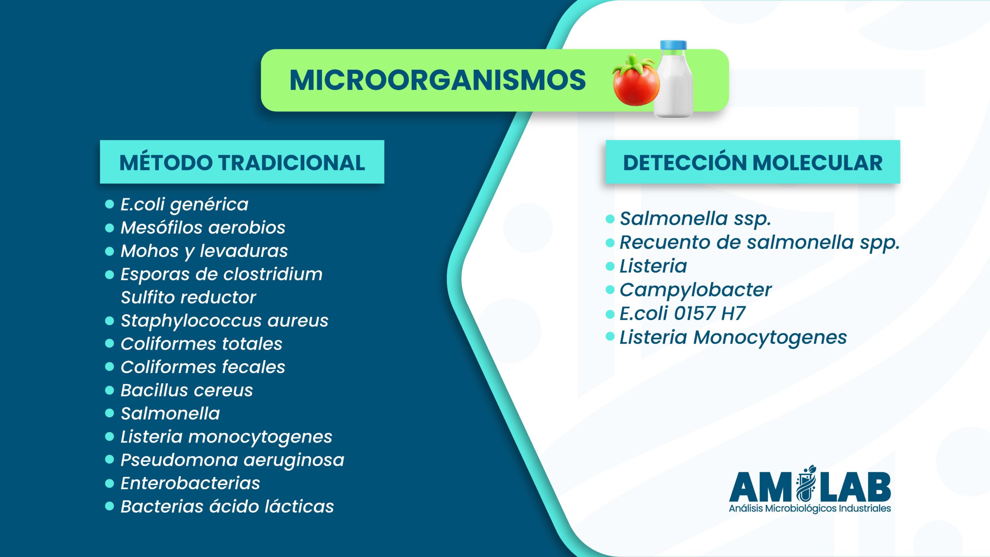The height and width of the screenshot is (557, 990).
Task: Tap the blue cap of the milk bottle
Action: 673,46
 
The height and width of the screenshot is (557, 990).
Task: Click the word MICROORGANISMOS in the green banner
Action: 437,80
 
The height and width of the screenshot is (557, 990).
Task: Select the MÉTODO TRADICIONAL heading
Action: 242,162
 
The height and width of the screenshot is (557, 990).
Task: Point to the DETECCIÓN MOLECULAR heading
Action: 753,162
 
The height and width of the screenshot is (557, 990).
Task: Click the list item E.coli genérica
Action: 184,204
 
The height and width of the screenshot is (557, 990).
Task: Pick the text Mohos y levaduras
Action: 204,251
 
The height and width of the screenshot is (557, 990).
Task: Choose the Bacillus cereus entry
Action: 187,390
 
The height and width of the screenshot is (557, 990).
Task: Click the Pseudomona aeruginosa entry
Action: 232,460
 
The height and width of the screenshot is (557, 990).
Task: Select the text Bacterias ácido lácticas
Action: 227,506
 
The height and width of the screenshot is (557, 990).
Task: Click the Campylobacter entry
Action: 696,290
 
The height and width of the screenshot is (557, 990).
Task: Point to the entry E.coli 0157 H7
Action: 683,313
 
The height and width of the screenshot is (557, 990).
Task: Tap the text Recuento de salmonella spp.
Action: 760,243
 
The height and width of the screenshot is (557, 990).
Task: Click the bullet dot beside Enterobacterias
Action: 110,483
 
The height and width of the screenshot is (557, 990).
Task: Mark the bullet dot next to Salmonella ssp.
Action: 610,219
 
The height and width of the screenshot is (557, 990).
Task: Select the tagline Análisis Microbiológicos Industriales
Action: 810,508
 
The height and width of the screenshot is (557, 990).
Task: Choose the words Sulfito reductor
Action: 188,297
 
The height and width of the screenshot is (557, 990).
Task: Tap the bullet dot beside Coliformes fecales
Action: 110,367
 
